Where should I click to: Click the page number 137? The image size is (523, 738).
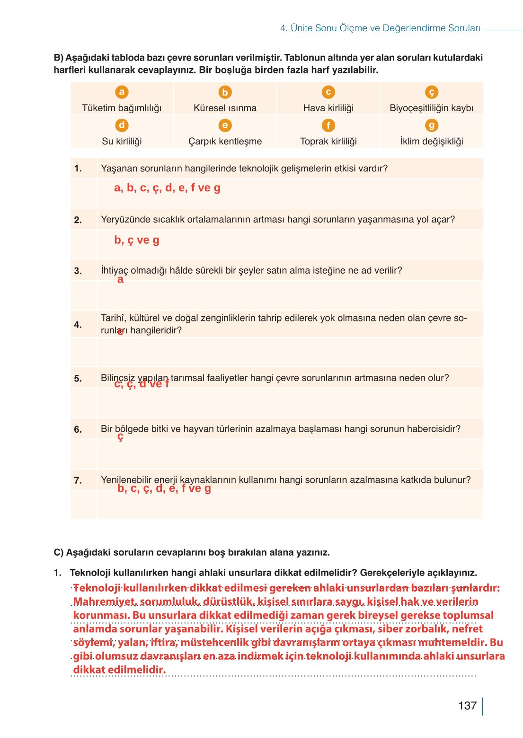click(467, 705)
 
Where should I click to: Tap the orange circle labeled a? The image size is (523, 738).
click(122, 92)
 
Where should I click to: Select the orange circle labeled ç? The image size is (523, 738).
click(431, 92)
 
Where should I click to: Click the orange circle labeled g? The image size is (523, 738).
click(431, 125)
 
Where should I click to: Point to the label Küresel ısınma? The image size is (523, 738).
click(225, 108)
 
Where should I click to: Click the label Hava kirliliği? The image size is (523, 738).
click(328, 108)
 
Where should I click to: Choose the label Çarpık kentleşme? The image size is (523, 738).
click(225, 141)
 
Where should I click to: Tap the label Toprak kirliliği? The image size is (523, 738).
click(328, 141)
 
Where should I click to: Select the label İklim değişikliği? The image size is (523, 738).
click(431, 141)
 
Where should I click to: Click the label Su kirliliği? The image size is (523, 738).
click(122, 141)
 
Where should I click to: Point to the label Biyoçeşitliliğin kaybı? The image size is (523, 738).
click(431, 108)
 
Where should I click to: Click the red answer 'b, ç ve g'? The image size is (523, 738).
click(137, 240)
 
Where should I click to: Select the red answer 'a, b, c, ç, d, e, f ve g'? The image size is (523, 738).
click(167, 188)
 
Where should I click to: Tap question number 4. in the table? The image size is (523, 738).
click(78, 325)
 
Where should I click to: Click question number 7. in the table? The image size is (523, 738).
click(78, 480)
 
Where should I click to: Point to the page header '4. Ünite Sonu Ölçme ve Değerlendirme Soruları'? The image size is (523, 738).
click(380, 28)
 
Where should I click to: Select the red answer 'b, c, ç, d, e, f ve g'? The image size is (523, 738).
click(164, 488)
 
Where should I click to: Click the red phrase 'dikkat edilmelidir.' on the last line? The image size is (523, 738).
click(119, 670)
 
